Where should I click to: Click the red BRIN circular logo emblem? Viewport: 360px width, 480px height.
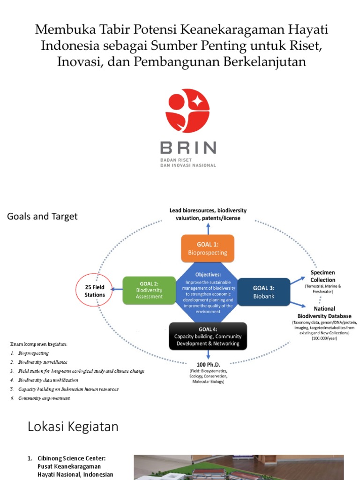tap(187, 111)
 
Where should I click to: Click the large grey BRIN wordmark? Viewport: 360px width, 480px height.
tap(188, 148)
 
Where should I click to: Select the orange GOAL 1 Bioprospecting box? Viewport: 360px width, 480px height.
tap(207, 248)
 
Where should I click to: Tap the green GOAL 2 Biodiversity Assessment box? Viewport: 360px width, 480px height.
tap(149, 290)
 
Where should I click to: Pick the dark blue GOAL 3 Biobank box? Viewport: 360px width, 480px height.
tap(264, 292)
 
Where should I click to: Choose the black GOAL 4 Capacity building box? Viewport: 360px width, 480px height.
tap(208, 336)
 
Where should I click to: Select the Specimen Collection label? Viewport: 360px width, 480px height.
tap(323, 276)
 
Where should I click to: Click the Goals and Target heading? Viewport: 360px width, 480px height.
tap(42, 217)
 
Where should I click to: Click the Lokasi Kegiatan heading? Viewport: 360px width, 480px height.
tap(73, 427)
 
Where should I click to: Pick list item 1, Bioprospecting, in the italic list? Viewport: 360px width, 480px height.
tap(33, 353)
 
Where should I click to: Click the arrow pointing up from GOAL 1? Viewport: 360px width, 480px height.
tap(208, 227)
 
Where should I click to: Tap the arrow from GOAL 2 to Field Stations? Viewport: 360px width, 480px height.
tap(116, 290)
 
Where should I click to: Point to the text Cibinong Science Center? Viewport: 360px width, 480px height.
tap(78, 457)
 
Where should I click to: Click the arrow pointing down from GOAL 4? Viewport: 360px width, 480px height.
tap(208, 354)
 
